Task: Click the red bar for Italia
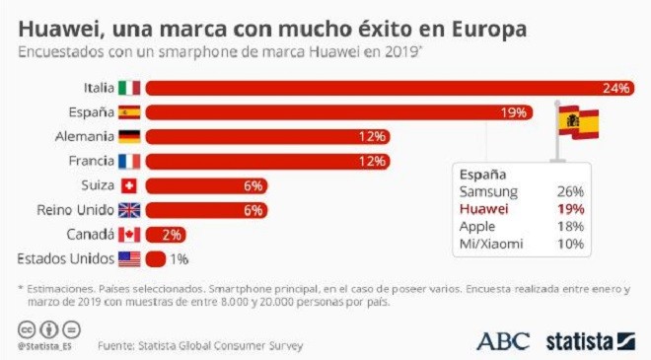point(390,88)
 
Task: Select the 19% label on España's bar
point(514,112)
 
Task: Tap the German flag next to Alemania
point(129,137)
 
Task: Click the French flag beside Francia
point(129,161)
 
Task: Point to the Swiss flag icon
point(128,185)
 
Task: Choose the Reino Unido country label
point(75,210)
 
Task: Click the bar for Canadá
point(166,235)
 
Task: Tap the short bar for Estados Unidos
point(156,259)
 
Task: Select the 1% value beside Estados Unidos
point(179,259)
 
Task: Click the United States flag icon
point(129,259)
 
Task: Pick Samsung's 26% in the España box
point(570,191)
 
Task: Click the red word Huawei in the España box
point(483,209)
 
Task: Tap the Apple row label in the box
point(477,227)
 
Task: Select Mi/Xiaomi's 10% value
point(570,244)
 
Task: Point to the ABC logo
point(503,341)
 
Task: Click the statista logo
point(591,341)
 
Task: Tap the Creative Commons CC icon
point(27,330)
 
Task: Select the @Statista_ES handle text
point(44,346)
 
